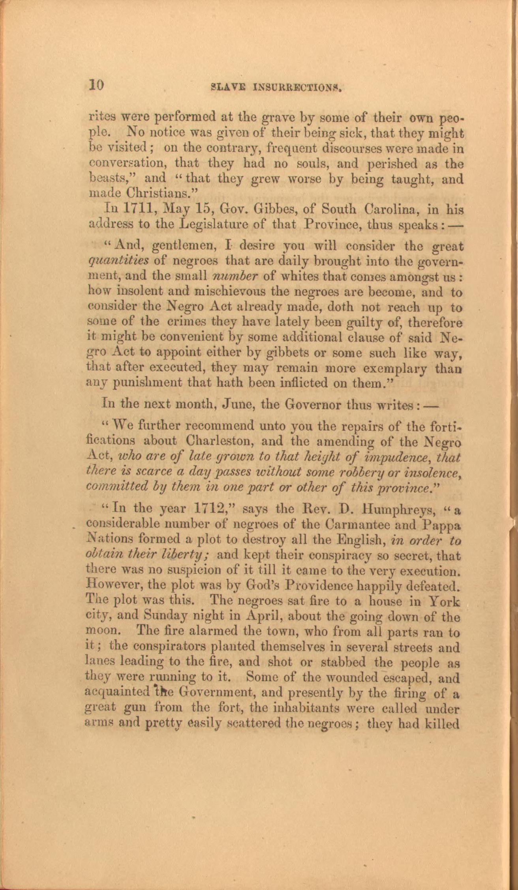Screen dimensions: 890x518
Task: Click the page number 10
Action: [x=96, y=85]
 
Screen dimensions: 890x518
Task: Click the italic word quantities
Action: [x=117, y=262]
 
